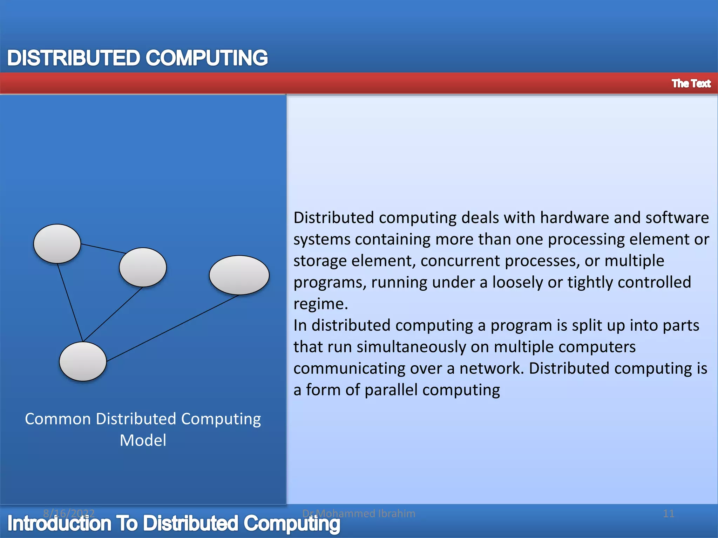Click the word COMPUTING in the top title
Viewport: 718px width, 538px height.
tap(206, 58)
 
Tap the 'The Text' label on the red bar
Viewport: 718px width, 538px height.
tap(691, 83)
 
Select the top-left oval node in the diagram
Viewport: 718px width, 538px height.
tap(57, 244)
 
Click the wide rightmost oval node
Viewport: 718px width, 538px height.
tap(239, 275)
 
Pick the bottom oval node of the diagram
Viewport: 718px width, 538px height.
tap(83, 361)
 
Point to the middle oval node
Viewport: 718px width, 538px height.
tap(143, 267)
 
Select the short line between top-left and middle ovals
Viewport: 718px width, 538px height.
tap(103, 248)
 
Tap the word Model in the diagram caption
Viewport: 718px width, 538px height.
tap(143, 440)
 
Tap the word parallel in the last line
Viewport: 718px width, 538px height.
tap(391, 390)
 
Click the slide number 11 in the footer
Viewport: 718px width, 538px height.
tap(669, 513)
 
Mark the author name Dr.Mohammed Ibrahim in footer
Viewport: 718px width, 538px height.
tap(359, 513)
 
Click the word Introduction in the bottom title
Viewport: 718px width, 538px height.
tap(59, 524)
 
